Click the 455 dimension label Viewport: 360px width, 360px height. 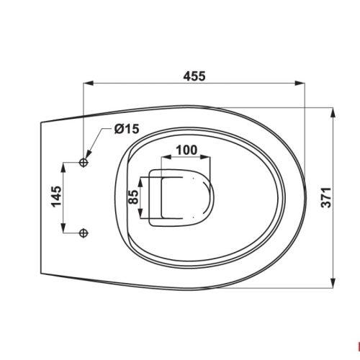coord(194,76)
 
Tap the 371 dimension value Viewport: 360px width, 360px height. coord(326,197)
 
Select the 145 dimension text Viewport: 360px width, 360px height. coord(56,196)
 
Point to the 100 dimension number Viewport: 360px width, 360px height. coord(186,150)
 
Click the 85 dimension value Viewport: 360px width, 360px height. coord(133,197)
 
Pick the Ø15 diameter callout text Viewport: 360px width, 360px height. coord(127,129)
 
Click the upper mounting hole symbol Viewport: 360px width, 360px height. coord(84,163)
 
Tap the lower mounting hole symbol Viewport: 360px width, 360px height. coord(84,233)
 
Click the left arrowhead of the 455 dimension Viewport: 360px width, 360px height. coord(88,83)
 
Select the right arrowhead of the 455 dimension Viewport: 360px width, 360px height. coord(300,83)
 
